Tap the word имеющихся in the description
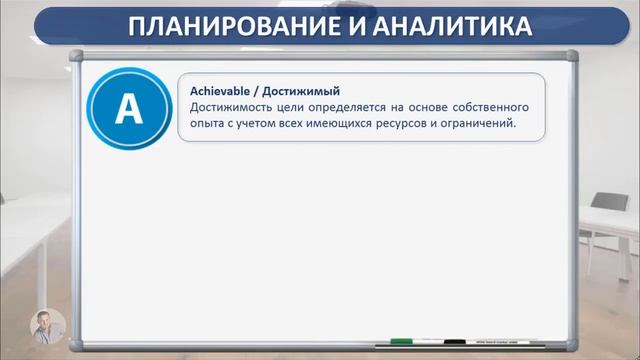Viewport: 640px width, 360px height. tap(354, 123)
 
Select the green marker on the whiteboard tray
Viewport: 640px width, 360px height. tap(402, 340)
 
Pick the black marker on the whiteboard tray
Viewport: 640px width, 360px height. tap(455, 340)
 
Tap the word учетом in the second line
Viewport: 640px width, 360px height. tap(259, 123)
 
